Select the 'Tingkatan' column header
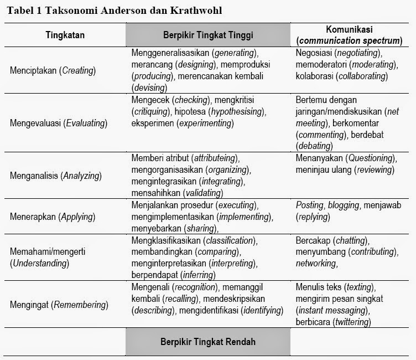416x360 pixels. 65,35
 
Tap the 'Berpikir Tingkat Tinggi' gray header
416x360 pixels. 208,35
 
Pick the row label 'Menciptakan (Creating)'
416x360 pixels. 53,70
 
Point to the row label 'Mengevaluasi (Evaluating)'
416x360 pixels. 58,123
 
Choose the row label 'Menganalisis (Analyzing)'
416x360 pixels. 56,176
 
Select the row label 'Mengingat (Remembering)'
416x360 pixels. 59,305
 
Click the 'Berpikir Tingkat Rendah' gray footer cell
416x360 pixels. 208,342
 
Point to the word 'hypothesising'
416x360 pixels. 235,111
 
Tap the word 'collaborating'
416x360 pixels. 362,76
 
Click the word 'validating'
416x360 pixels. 201,193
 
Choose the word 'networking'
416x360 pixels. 316,264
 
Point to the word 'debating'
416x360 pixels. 314,146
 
